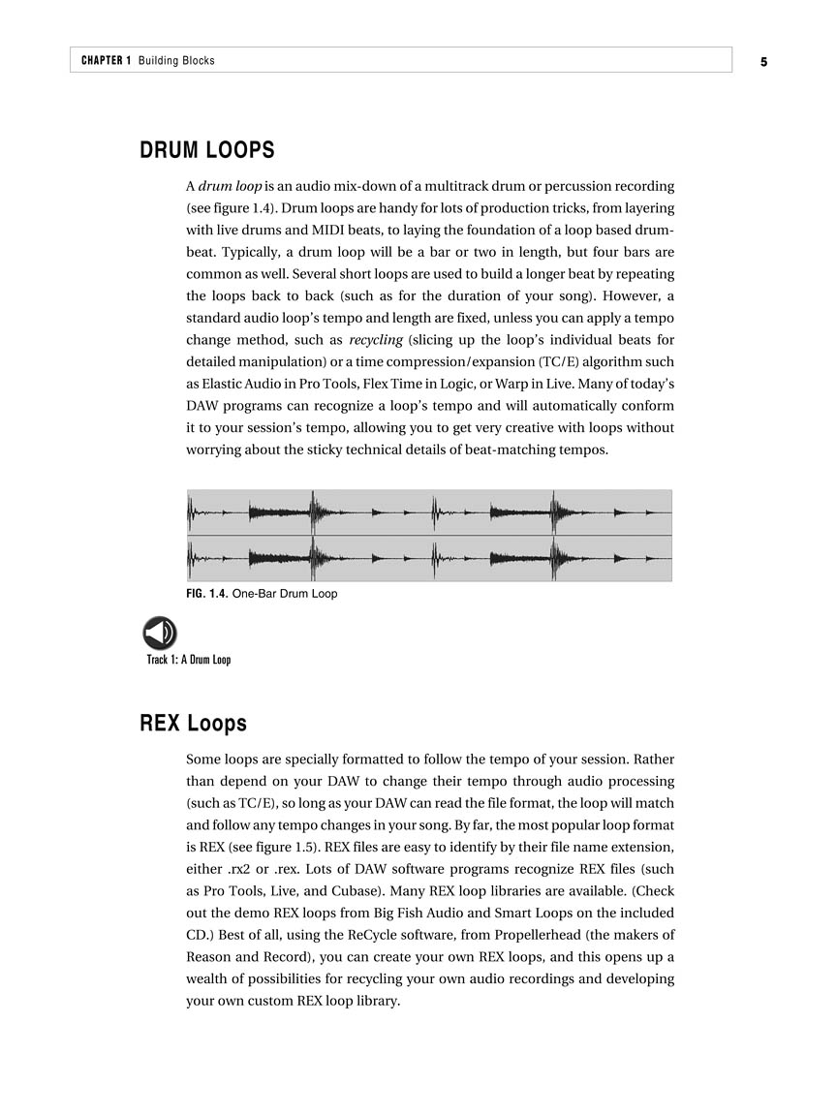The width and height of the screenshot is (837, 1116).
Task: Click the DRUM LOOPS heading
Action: (x=207, y=151)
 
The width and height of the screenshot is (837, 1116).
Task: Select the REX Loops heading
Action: (x=193, y=724)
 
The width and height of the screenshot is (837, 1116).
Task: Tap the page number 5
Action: (x=763, y=61)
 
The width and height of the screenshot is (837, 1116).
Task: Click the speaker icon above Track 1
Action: (x=160, y=634)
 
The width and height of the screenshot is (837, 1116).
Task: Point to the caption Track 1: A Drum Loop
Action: (x=189, y=661)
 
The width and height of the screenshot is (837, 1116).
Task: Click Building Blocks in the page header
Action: (x=176, y=61)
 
